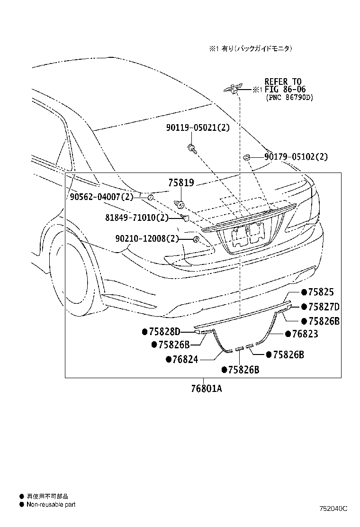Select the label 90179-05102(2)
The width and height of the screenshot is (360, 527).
[x=296, y=157]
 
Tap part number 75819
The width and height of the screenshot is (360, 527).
[x=181, y=182]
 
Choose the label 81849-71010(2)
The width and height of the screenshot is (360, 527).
[x=137, y=218]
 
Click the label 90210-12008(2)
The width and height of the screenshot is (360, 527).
[x=147, y=238]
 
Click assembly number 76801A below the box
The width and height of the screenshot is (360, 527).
[x=207, y=389]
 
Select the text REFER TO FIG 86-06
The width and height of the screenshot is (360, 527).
[x=285, y=85]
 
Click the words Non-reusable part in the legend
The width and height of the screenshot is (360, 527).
[x=51, y=505]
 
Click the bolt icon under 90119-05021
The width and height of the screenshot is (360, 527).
[x=191, y=148]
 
